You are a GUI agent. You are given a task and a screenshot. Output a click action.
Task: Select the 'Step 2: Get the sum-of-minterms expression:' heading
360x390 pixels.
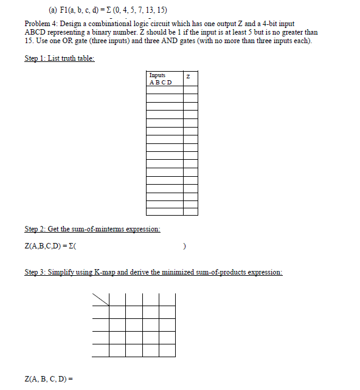92,229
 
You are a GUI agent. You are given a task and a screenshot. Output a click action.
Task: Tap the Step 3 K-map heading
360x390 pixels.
153,273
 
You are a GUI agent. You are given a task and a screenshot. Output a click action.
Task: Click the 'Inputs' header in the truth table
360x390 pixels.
157,75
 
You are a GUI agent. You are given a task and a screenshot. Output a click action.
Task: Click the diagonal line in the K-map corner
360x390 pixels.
101,299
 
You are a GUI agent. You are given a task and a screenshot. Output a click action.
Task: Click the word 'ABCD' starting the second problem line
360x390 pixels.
36,32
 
